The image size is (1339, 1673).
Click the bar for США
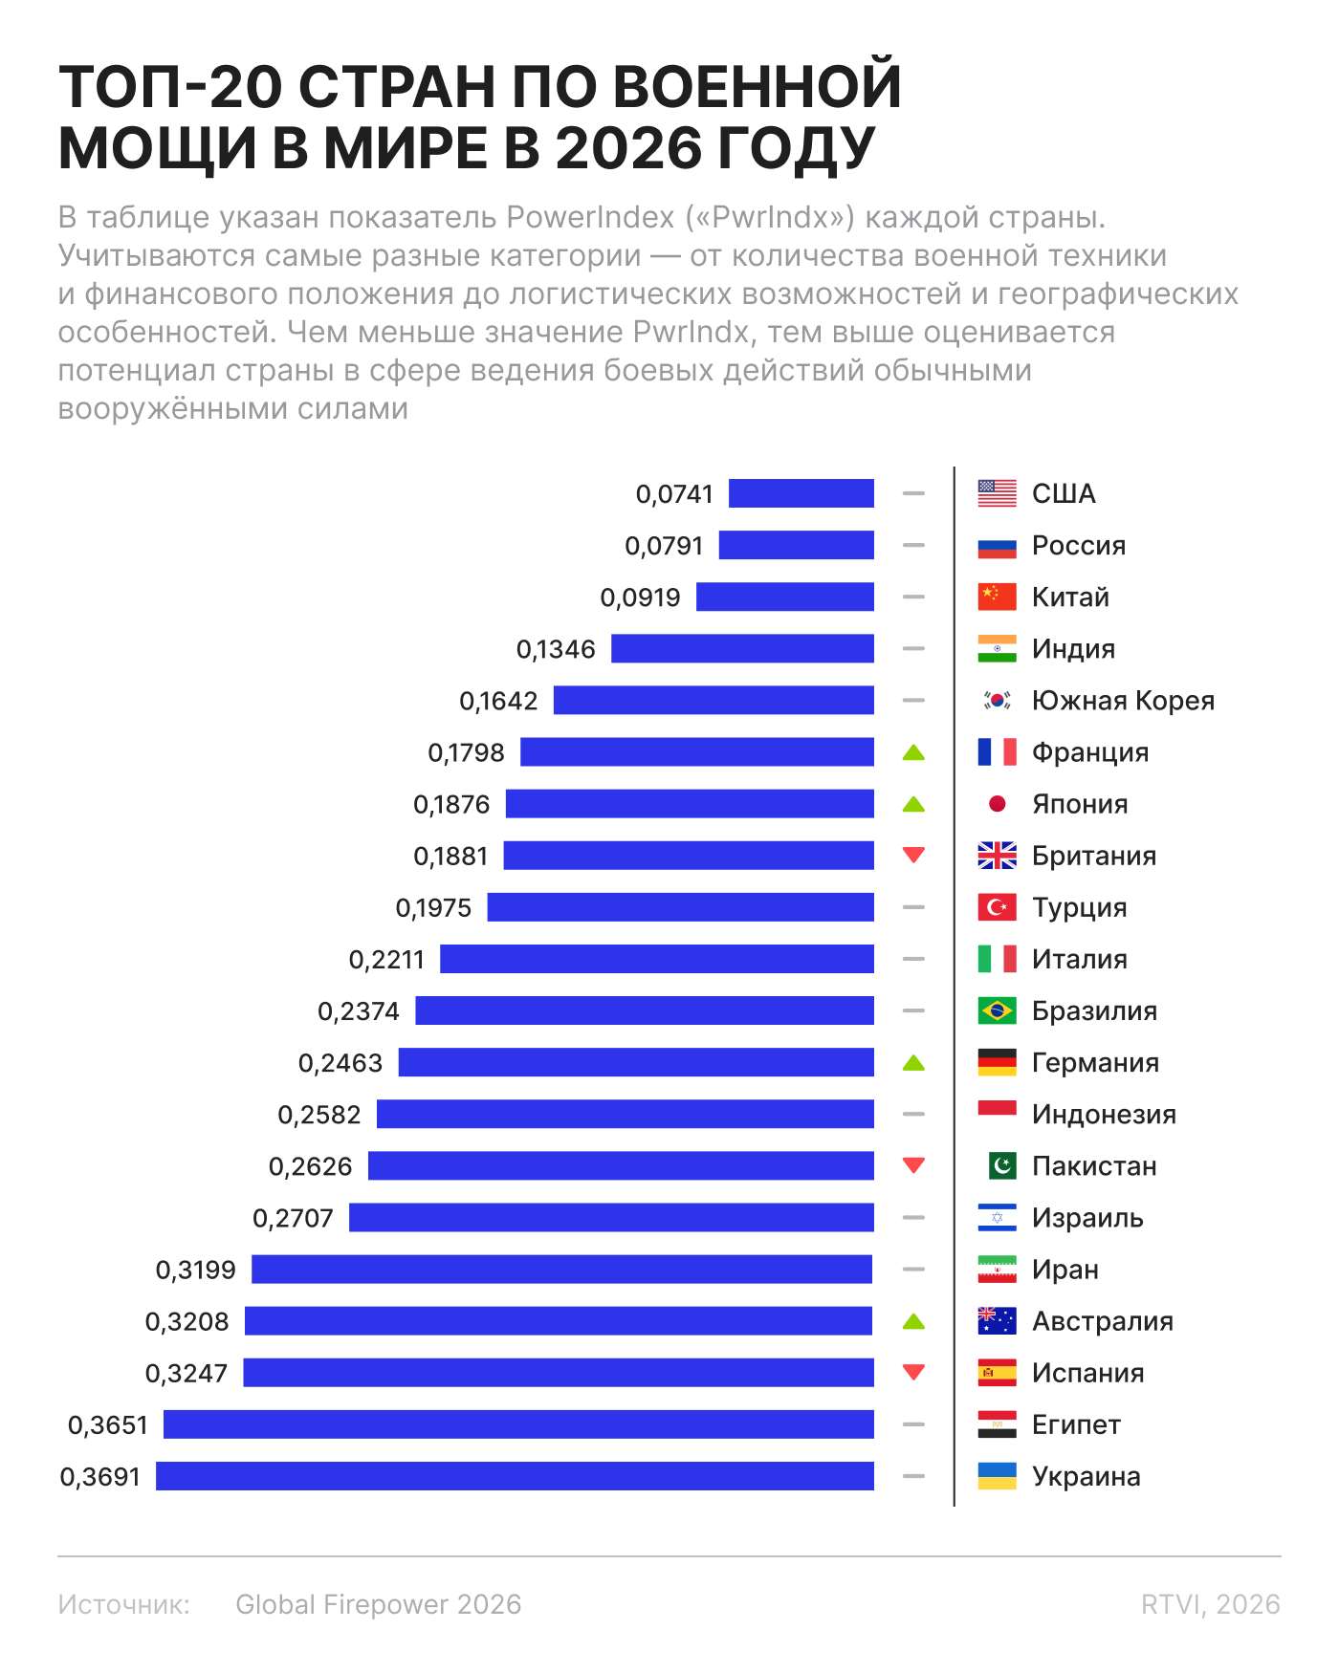click(x=801, y=493)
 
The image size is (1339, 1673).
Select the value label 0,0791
click(x=664, y=546)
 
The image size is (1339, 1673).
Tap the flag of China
click(x=997, y=597)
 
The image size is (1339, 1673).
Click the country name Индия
click(x=1073, y=649)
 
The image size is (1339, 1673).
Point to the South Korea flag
click(x=997, y=700)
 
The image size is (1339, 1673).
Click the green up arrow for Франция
click(x=913, y=752)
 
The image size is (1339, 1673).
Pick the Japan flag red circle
click(x=997, y=803)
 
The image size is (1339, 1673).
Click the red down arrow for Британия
click(x=913, y=855)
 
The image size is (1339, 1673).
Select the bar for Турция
click(x=681, y=907)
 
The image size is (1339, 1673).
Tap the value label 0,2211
click(x=386, y=959)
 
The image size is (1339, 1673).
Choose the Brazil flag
click(x=997, y=1010)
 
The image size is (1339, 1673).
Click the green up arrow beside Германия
click(x=913, y=1062)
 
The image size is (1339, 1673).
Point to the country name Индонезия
click(x=1104, y=1115)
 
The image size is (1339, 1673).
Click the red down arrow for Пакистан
click(x=913, y=1165)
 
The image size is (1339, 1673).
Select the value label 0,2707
click(x=293, y=1218)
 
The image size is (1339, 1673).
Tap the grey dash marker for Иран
click(x=913, y=1270)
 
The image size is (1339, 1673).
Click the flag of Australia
click(x=997, y=1321)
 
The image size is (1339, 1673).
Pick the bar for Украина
click(x=516, y=1476)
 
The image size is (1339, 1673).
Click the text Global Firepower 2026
click(x=379, y=1604)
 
